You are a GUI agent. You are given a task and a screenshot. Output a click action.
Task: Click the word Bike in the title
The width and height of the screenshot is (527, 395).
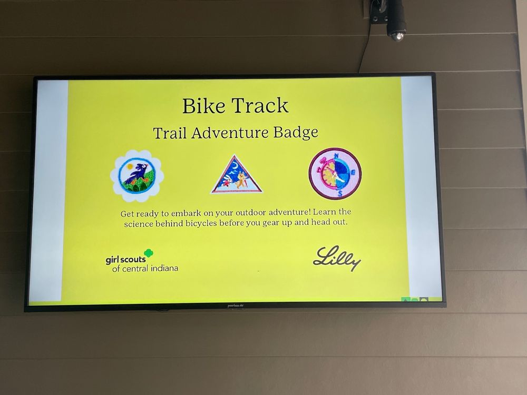(203, 106)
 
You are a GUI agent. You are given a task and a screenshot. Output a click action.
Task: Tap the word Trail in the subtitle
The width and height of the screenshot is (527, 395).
(170, 133)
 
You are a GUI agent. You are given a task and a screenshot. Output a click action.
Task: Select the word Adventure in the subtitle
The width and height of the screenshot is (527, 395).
(230, 133)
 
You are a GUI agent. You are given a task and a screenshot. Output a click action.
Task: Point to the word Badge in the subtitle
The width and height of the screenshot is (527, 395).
(296, 132)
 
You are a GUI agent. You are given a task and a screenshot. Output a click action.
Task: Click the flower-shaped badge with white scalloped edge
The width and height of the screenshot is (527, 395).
(137, 176)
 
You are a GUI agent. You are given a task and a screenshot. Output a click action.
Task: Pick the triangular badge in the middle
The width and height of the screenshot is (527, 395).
(237, 175)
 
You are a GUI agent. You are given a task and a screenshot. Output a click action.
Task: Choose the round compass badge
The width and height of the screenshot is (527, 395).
(335, 174)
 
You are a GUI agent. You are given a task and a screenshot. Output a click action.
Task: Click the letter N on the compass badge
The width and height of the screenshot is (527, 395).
(336, 155)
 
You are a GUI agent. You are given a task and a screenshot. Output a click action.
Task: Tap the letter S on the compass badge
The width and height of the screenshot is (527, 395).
(340, 193)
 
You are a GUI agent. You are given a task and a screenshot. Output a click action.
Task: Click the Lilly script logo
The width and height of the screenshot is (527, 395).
(337, 258)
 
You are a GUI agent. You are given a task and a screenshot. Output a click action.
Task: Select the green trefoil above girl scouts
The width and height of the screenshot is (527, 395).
(149, 253)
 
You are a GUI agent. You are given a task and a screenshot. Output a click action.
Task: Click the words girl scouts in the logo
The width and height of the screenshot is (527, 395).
(126, 260)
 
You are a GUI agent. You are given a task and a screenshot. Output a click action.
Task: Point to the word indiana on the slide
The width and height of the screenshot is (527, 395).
(164, 268)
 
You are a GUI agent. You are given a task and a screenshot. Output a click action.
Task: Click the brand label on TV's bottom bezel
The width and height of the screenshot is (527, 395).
(235, 305)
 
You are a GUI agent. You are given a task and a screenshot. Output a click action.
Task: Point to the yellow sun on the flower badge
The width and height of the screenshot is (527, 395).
(130, 166)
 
